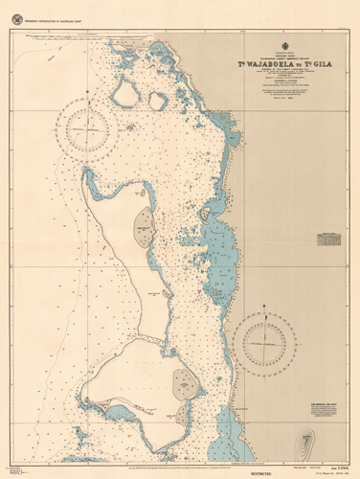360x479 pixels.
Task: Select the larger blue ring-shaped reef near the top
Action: [125, 93]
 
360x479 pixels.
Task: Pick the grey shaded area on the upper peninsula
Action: [145, 227]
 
